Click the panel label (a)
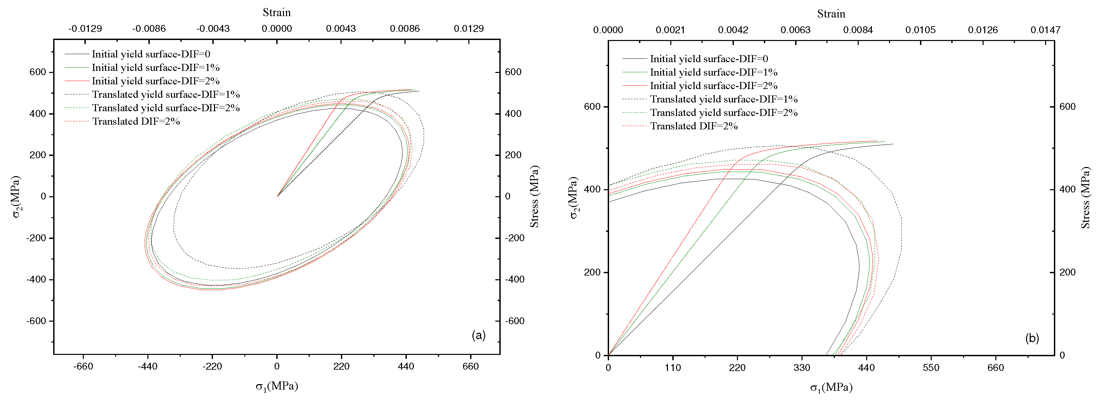478,335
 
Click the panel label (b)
1032,338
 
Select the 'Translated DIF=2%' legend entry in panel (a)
136,122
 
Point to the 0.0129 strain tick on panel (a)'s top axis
468,29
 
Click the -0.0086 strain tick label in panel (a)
149,29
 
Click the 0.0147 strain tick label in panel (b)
1045,30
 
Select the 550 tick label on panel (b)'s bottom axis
931,368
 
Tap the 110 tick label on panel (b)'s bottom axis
673,368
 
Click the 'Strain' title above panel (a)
277,12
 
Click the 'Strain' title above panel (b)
831,14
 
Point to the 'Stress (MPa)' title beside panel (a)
535,197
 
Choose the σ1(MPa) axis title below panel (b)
831,387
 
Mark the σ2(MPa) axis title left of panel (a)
16,197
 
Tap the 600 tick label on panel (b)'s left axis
592,107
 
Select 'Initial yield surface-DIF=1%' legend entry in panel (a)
155,68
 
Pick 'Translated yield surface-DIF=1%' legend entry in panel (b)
723,99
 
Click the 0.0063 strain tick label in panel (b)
795,30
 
